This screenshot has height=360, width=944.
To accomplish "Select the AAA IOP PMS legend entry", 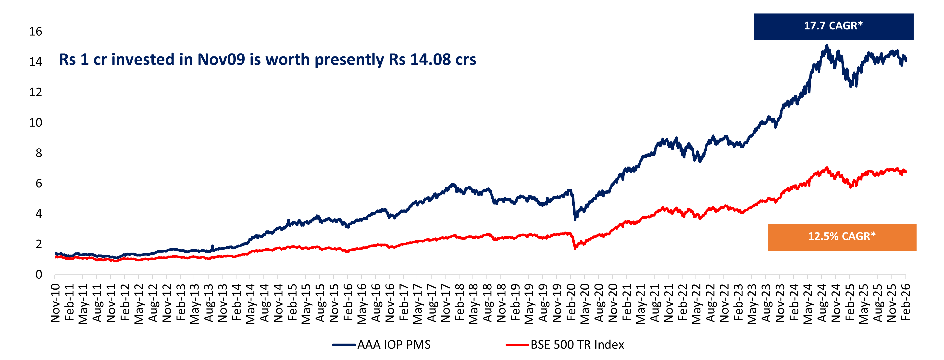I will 382,345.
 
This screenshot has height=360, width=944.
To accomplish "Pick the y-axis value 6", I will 38,183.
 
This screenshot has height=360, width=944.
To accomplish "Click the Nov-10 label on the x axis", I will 55,303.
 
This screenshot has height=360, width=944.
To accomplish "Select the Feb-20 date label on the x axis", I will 571,303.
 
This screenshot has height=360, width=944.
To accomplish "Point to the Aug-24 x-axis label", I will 822,303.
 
